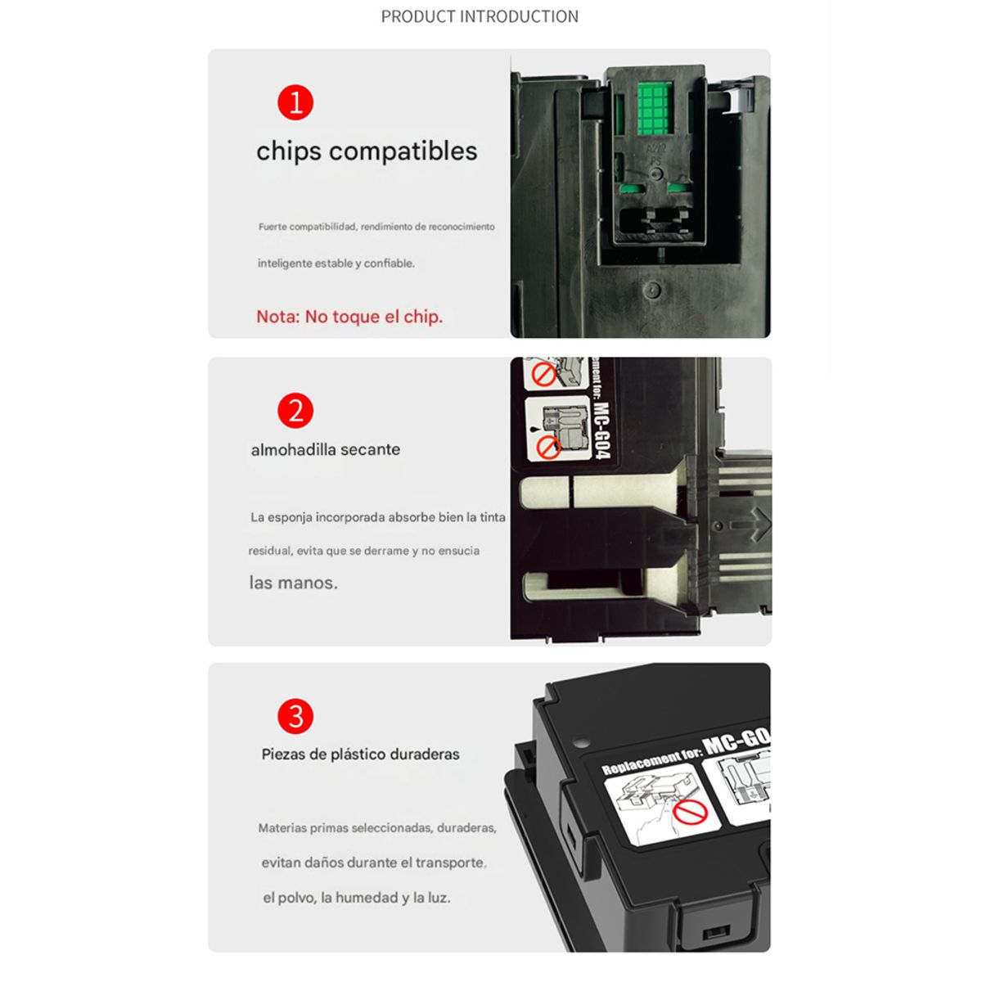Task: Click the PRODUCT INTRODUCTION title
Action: point(480,16)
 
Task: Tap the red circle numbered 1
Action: point(295,103)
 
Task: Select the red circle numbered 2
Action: point(295,411)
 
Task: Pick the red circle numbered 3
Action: point(295,717)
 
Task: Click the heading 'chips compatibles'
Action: point(367,151)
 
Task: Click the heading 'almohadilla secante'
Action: point(326,449)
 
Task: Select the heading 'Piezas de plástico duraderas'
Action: point(360,755)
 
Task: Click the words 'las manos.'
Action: point(293,583)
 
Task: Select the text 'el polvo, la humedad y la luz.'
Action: point(357,898)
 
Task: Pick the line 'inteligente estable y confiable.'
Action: point(336,264)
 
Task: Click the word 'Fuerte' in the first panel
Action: point(273,227)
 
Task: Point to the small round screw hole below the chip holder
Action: point(652,290)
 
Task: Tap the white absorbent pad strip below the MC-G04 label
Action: point(622,492)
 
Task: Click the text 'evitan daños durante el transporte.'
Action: point(374,863)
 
